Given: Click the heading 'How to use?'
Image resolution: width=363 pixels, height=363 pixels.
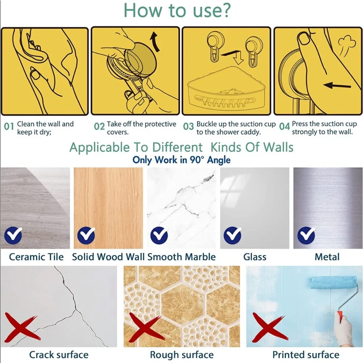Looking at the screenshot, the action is click(x=178, y=11).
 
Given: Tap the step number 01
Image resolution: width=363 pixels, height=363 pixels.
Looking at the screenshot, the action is click(x=9, y=126).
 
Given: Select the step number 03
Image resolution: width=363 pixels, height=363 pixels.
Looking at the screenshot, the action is click(x=188, y=126).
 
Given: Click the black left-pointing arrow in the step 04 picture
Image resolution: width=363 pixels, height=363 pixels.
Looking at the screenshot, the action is click(x=337, y=85).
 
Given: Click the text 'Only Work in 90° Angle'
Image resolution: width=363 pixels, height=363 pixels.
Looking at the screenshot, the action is click(x=181, y=160).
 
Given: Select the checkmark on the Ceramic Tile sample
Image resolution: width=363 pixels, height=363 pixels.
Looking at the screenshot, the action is click(x=13, y=235).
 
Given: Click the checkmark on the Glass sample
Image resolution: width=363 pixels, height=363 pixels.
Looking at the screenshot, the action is click(x=233, y=235).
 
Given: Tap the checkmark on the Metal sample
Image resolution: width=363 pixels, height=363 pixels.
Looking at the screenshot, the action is click(x=306, y=235).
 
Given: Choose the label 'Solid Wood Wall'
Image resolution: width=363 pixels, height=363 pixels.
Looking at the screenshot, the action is click(x=108, y=257).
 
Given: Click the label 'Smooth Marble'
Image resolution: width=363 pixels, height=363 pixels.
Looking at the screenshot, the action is click(x=181, y=257).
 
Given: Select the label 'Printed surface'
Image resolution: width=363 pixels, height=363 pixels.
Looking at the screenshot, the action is click(x=306, y=355).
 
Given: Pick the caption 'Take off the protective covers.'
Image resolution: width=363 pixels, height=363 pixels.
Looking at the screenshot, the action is click(x=142, y=128).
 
